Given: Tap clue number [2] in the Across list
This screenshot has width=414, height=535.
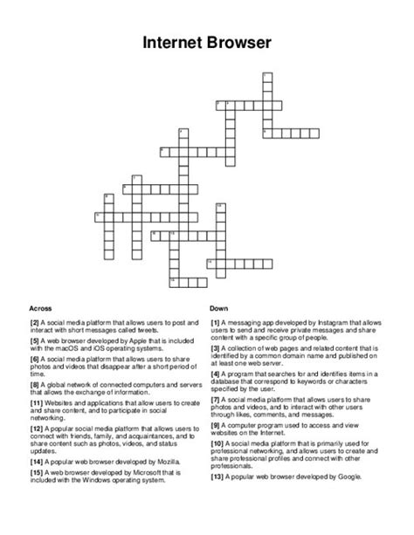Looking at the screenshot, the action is point(36,322).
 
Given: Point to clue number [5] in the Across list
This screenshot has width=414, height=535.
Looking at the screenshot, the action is point(36,340).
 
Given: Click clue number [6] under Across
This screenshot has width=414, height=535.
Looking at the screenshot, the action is point(36,359).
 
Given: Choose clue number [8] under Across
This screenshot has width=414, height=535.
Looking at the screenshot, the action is point(36,383).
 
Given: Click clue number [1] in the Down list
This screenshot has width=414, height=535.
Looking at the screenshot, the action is point(216,322).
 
